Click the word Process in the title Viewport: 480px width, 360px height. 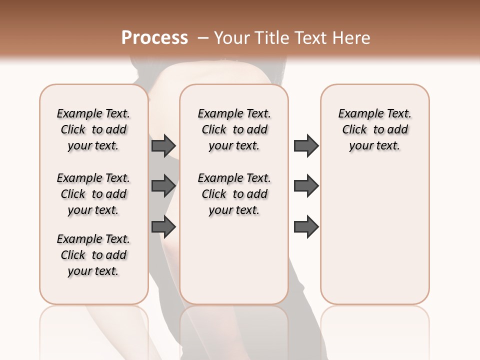tap(154, 38)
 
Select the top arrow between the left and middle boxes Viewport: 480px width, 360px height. tap(163, 146)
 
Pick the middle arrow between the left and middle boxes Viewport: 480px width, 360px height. tap(163, 186)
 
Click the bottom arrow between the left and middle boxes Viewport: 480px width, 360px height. tap(163, 227)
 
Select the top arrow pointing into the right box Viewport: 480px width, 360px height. tap(306, 146)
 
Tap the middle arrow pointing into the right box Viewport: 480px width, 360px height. tap(306, 186)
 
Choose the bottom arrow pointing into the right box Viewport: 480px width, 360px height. tap(306, 227)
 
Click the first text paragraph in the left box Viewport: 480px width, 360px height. tap(93, 129)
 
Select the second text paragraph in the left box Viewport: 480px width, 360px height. tap(93, 194)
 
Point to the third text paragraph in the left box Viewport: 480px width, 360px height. tap(93, 255)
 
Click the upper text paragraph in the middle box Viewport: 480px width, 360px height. tap(234, 129)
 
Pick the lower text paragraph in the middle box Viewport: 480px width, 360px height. tap(234, 194)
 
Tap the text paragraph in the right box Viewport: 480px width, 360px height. tap(374, 129)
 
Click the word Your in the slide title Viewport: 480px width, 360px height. tap(231, 38)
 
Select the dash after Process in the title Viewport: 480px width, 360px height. tap(203, 38)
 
